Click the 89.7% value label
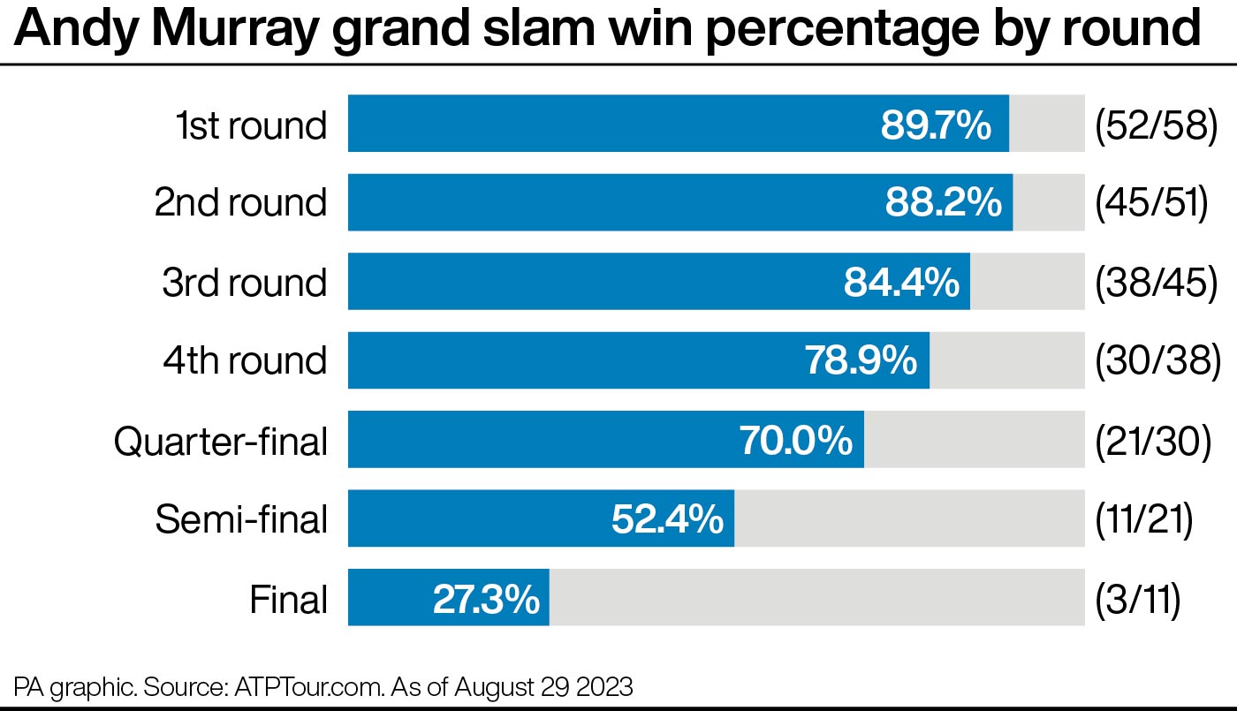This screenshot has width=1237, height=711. tap(936, 125)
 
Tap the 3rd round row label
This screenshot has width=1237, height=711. tap(244, 283)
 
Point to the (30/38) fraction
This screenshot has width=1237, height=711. tap(1157, 360)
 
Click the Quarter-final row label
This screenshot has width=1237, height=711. tap(221, 441)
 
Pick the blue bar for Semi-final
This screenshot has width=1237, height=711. tap(477, 519)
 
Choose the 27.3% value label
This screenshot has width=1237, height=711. tap(486, 600)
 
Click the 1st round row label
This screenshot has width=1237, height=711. tap(250, 125)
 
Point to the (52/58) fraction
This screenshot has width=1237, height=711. tap(1157, 125)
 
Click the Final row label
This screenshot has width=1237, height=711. tap(289, 600)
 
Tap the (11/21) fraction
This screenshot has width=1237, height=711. tap(1144, 519)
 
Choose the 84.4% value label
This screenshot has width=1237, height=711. tap(901, 283)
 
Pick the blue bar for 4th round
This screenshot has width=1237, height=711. tap(574, 360)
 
